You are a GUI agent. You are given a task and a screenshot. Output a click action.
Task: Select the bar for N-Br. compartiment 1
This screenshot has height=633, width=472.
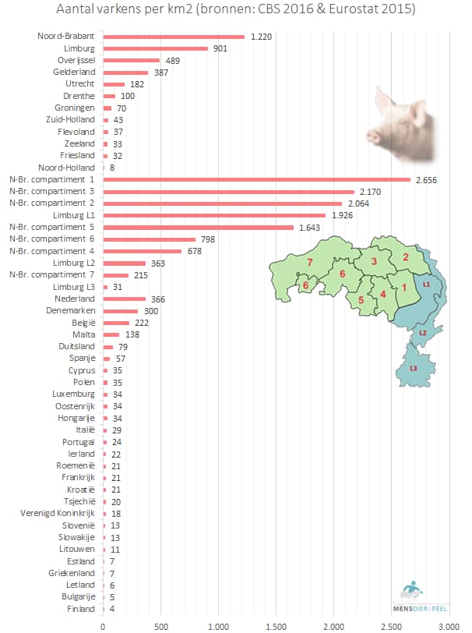[x=256, y=179]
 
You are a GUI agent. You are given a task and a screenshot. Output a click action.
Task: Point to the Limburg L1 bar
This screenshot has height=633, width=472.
[x=214, y=215]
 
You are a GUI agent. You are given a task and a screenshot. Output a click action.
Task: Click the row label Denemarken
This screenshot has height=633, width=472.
[x=75, y=310]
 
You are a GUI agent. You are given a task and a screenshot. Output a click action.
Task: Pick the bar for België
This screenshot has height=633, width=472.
[x=116, y=323]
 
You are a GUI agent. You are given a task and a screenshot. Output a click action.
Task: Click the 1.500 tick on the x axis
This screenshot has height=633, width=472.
[x=276, y=625]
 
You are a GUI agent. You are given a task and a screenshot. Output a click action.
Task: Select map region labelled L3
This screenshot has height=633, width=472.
[x=413, y=369]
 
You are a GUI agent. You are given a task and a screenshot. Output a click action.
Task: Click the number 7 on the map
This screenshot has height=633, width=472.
[x=309, y=263]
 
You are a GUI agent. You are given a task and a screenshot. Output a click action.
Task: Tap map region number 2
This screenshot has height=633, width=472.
[x=405, y=257]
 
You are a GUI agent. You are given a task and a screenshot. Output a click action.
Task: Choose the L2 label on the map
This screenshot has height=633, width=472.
[x=422, y=333]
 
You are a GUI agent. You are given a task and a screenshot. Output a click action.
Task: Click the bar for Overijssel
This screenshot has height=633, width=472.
[x=131, y=60]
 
